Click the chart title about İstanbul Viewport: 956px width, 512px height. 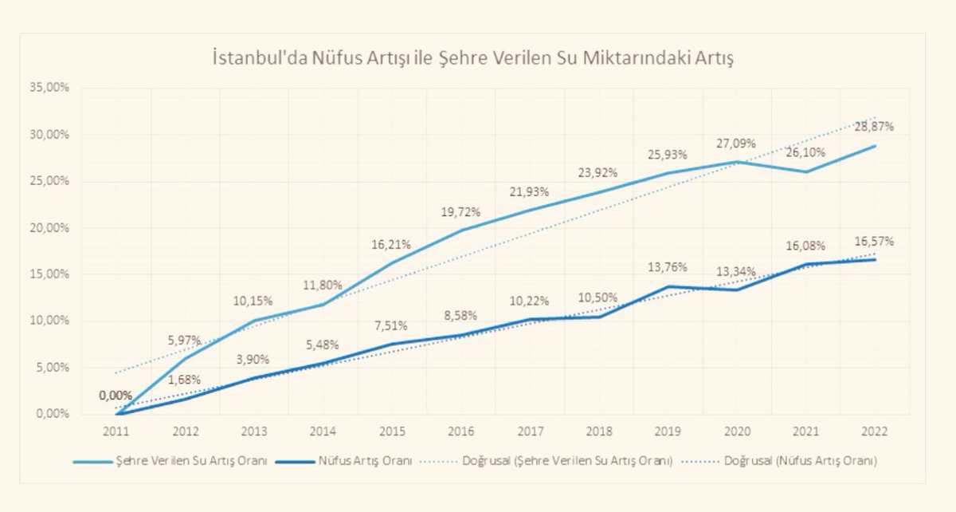pos(477,59)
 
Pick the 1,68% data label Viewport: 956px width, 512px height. pos(184,380)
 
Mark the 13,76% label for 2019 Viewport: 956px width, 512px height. pos(666,266)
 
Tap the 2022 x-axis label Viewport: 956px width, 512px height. pos(870,431)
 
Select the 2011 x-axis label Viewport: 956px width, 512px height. pos(118,431)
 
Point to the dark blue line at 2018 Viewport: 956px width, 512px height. pos(598,317)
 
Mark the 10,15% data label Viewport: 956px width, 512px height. pos(253,301)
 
